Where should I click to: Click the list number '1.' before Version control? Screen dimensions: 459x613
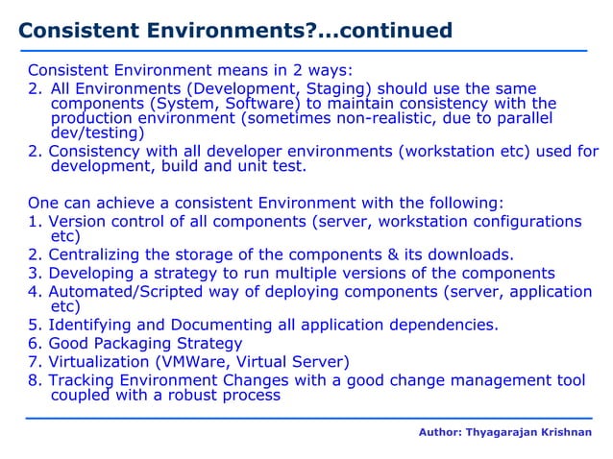[x=35, y=222]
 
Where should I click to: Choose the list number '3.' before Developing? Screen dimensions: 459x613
[x=35, y=273]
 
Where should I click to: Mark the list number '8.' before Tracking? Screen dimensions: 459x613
[x=35, y=380]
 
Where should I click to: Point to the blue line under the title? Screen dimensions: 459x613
[x=306, y=50]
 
